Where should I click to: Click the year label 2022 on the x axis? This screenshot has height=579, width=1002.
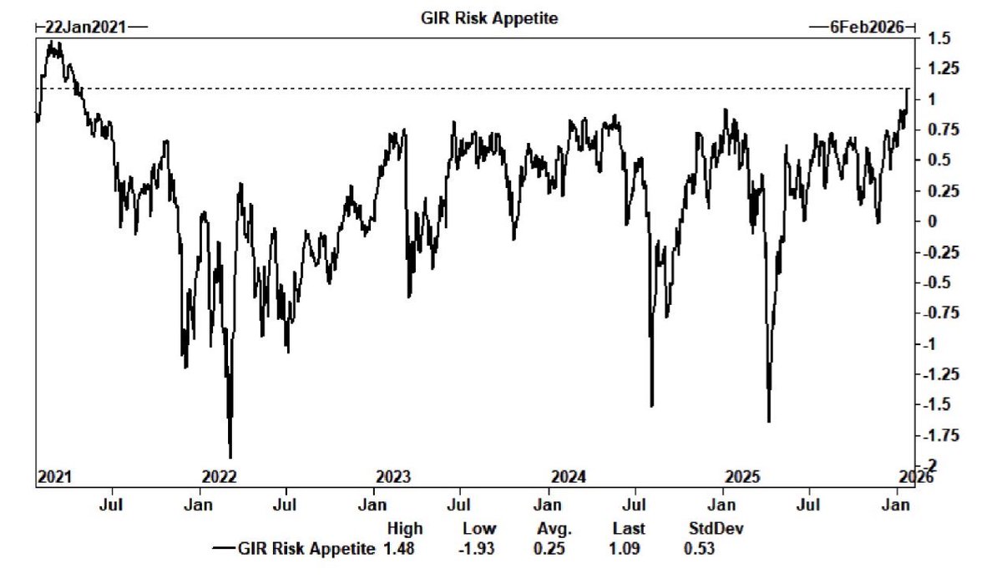220,477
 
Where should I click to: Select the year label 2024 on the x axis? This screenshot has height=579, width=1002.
569,477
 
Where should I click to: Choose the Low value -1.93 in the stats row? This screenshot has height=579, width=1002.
478,548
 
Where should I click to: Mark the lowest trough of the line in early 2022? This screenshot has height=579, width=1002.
230,456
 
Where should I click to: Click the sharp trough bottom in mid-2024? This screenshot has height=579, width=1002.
651,406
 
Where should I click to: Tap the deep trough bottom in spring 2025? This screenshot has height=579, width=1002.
768,422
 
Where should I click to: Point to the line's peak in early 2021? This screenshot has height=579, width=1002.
52,42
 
